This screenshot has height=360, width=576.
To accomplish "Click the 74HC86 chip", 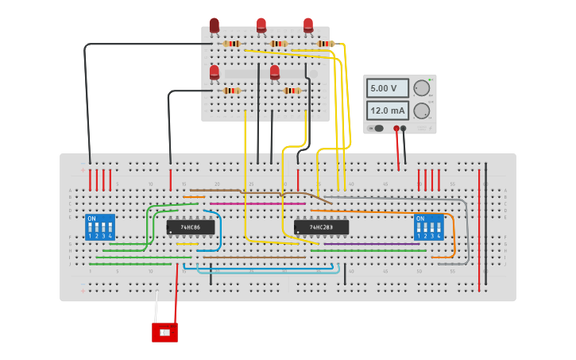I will pos(191,227).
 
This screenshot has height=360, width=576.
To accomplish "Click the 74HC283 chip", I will pos(321,227).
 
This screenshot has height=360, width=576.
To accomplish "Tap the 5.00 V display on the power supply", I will pos(387,88).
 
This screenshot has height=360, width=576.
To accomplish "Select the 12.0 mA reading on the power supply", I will pos(387,110).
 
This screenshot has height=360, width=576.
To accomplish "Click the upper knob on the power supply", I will pos(421,88).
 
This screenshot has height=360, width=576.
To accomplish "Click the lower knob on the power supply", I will pos(421,110).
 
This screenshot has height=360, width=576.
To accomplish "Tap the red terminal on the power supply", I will pos(396,128).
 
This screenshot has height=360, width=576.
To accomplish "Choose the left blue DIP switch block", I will pos(100,227).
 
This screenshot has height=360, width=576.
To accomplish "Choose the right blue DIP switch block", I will pos(429,227).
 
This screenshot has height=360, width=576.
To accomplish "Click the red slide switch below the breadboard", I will pos(164,332).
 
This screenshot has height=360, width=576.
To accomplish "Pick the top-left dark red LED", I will pos(215,25).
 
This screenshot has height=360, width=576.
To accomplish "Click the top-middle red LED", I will pos(261,25).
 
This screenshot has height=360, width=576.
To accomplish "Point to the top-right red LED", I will pos(308,25).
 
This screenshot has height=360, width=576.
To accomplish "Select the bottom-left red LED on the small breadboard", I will pos(215,73).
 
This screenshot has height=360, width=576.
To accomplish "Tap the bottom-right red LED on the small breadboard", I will pos(275,73).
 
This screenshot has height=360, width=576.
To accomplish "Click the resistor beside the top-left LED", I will pos(232,44).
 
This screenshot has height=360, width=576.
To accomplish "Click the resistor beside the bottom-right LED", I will pos(292,91).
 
